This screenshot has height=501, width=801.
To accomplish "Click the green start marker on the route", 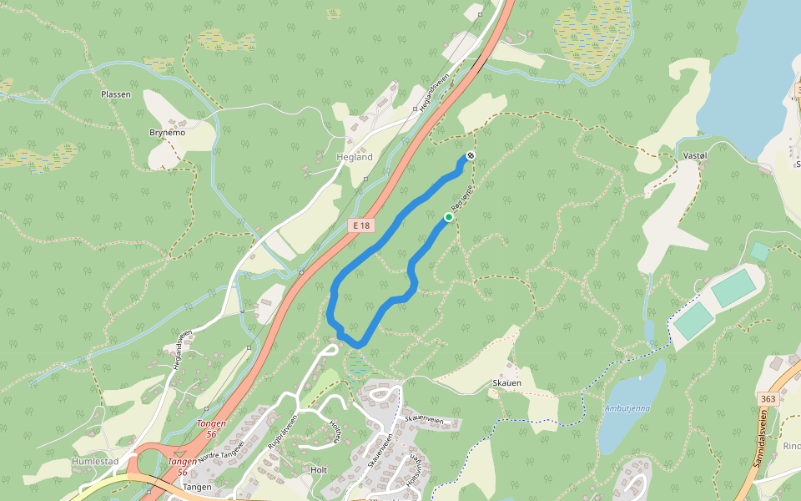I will pyautogui.click(x=449, y=217).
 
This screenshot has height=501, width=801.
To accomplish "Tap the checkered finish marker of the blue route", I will pyautogui.click(x=471, y=156).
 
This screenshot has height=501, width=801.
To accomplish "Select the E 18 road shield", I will pyautogui.click(x=360, y=225).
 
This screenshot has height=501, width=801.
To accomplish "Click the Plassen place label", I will pyautogui.click(x=116, y=94).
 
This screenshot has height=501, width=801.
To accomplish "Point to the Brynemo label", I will pyautogui.click(x=167, y=133).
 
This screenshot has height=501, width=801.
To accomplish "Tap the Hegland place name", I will pyautogui.click(x=355, y=157).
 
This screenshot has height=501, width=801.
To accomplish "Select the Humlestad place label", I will pyautogui.click(x=94, y=461).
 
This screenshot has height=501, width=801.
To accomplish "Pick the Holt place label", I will pyautogui.click(x=318, y=470).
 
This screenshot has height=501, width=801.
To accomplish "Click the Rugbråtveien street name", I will pyautogui.click(x=283, y=433).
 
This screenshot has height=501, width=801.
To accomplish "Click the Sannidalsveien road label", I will pyautogui.click(x=771, y=447).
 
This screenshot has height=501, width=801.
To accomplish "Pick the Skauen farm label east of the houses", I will pyautogui.click(x=507, y=383).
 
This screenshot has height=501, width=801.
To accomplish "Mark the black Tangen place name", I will pyautogui.click(x=197, y=487).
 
